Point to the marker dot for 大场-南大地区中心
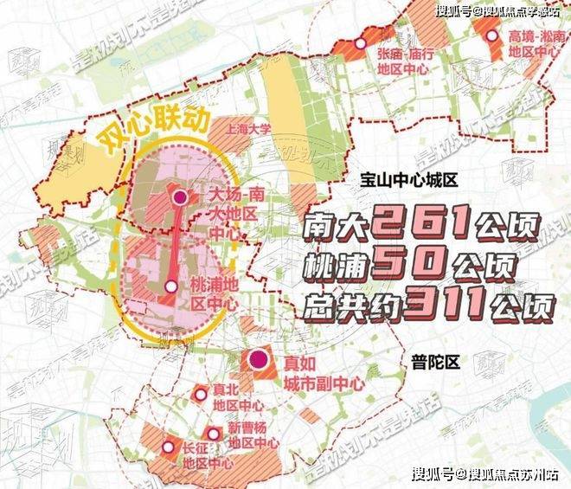(180, 198)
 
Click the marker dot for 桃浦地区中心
(171, 286)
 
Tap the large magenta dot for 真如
(256, 361)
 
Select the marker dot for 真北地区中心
(201, 395)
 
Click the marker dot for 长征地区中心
(168, 447)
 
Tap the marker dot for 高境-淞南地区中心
(491, 36)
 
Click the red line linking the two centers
(176, 242)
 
